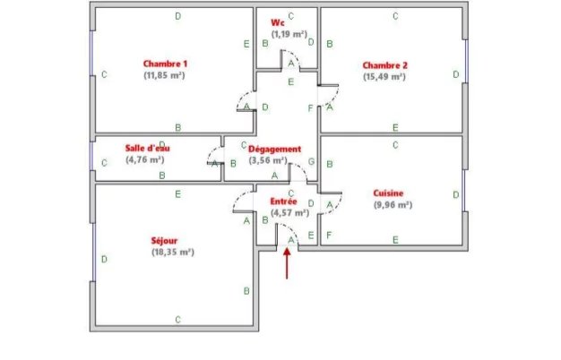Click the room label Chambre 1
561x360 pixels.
(165, 64)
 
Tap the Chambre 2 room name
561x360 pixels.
(384, 64)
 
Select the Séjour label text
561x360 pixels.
(165, 240)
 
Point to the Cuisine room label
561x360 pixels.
(388, 193)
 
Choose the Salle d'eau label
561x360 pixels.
(148, 148)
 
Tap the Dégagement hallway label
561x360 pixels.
(274, 149)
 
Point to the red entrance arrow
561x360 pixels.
(287, 263)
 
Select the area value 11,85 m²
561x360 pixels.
(164, 76)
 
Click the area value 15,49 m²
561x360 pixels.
(384, 77)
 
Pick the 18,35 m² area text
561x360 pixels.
(173, 253)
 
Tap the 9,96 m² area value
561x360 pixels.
(392, 205)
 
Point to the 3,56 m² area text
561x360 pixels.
(268, 161)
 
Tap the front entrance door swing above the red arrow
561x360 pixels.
(289, 235)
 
